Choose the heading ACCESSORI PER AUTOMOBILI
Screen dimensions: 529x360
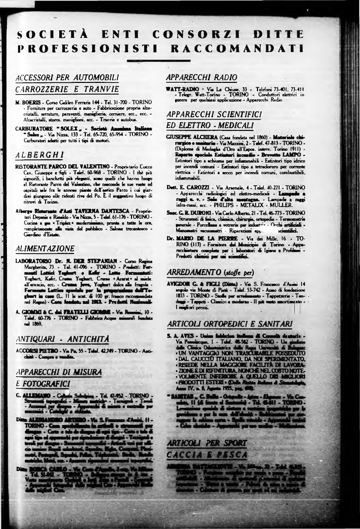click(67, 77)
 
